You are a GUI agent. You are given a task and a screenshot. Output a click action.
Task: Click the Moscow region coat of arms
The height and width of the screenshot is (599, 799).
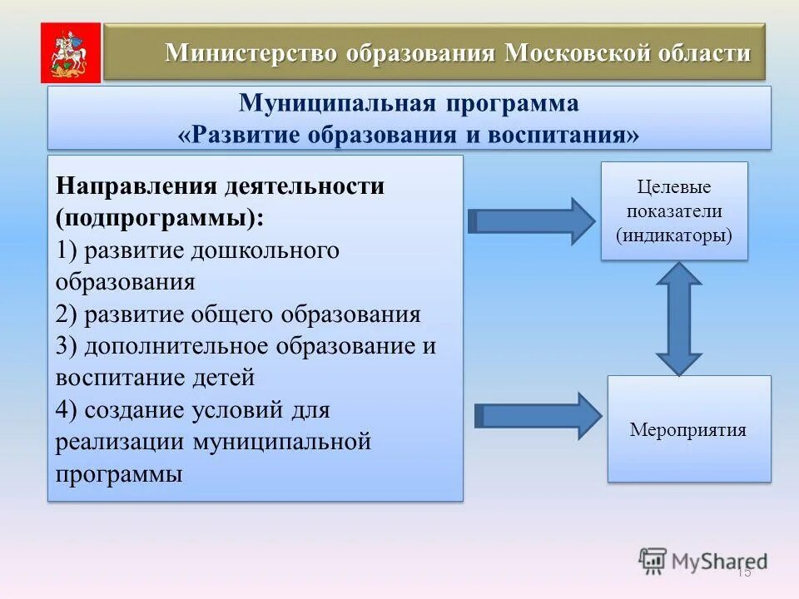point(71,52)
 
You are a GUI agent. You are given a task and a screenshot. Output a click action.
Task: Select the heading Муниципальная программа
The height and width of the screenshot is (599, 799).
point(409,105)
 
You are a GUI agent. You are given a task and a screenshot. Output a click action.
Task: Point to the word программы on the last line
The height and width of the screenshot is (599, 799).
point(119,474)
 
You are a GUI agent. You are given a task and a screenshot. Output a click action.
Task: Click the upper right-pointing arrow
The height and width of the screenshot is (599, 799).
point(531,220)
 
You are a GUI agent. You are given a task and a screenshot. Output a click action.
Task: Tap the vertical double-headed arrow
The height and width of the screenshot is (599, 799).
point(679,319)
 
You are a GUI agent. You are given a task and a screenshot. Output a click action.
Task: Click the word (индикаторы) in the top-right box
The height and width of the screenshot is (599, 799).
point(674,235)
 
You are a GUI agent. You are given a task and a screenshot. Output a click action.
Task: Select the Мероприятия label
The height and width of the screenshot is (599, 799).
point(688,430)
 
